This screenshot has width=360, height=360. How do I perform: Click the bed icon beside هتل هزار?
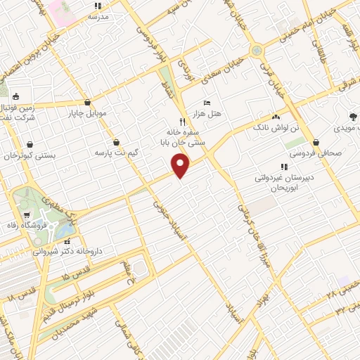tap(206, 103)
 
